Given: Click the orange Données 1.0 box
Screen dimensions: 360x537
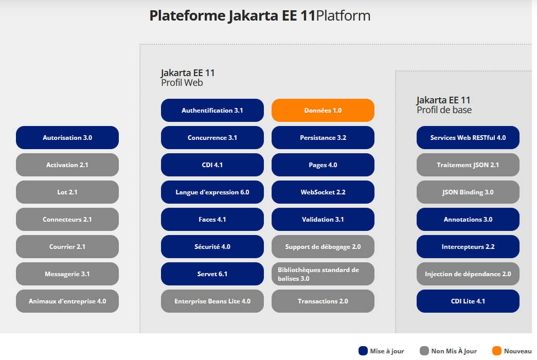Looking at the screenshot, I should (x=323, y=111).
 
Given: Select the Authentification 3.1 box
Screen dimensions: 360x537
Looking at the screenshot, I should (x=212, y=111).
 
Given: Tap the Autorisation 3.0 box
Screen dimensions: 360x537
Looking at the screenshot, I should (x=67, y=138).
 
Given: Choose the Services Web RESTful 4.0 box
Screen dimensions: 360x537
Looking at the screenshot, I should (x=468, y=138).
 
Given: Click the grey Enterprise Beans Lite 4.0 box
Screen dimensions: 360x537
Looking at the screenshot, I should (x=212, y=301).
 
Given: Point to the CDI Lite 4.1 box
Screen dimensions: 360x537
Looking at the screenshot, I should (x=468, y=301).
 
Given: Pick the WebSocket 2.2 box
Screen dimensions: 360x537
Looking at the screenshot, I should (x=323, y=192).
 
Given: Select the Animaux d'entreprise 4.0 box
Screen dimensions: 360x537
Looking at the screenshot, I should (x=67, y=301).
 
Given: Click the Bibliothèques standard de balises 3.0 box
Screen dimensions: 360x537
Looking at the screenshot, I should (x=323, y=274).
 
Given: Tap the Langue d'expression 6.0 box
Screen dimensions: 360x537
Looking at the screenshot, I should (x=212, y=192).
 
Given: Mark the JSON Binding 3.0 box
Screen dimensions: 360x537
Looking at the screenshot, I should (x=468, y=192).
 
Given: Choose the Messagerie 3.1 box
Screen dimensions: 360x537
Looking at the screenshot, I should (x=67, y=274).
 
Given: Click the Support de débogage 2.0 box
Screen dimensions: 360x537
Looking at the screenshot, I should (x=323, y=247).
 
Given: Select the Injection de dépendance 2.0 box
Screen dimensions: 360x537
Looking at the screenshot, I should (x=468, y=274).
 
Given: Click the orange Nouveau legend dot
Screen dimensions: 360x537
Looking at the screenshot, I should (x=496, y=351).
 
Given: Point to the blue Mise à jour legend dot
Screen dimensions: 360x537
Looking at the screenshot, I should (x=363, y=351).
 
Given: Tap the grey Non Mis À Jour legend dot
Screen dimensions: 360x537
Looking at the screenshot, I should (x=424, y=351).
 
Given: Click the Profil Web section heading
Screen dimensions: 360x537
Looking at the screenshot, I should (x=182, y=83).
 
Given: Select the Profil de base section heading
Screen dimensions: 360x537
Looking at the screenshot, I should (x=444, y=110).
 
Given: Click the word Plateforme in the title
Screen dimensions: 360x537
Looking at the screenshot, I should (x=186, y=16).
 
